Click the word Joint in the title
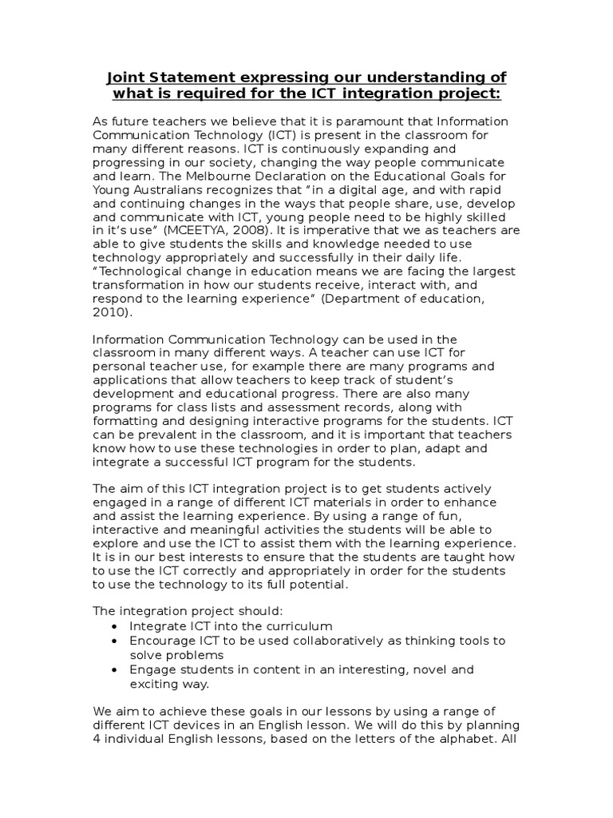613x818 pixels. tap(126, 77)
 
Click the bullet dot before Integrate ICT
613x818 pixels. tap(117, 627)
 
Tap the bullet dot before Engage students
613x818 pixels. tap(117, 669)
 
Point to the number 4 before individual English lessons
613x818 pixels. tap(97, 738)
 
